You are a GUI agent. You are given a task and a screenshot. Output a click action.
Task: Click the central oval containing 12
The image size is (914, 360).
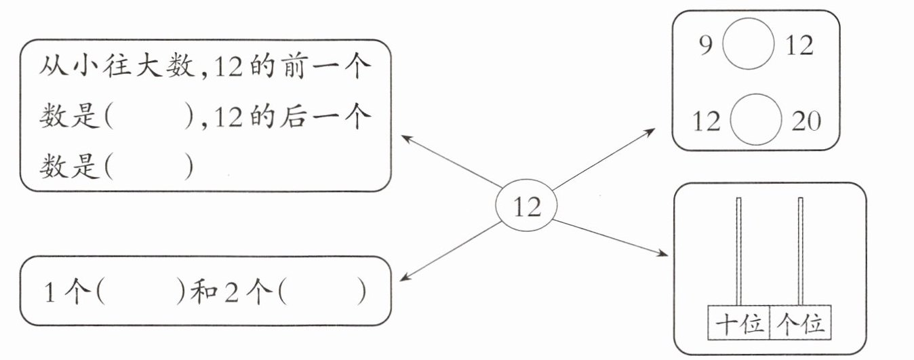(527, 207)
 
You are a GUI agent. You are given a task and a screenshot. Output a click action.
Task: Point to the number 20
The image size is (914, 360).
(806, 122)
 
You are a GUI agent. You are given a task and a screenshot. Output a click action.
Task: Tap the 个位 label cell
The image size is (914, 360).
(801, 324)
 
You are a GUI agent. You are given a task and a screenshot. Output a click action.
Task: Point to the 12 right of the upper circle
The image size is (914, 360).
(799, 47)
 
